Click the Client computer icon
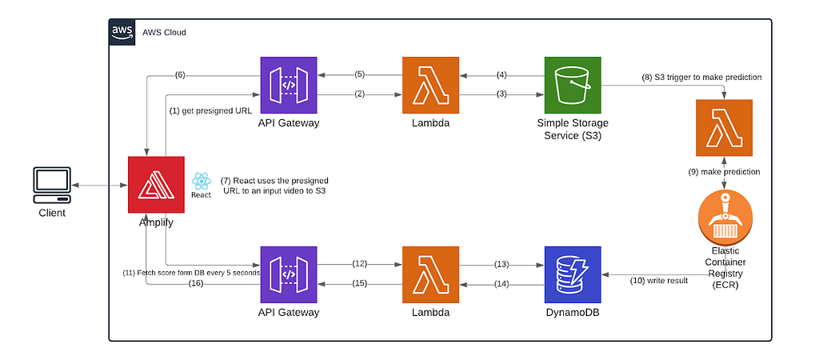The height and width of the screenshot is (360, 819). pyautogui.click(x=52, y=186)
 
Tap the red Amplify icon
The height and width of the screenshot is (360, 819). pyautogui.click(x=156, y=185)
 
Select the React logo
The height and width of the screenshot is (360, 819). pyautogui.click(x=202, y=182)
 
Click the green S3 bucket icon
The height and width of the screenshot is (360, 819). pyautogui.click(x=573, y=85)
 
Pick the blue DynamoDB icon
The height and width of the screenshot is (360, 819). pyautogui.click(x=573, y=275)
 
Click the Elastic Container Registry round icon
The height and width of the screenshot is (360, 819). pyautogui.click(x=725, y=218)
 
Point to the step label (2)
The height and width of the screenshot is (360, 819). pyautogui.click(x=359, y=94)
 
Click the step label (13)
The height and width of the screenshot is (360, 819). pyautogui.click(x=502, y=265)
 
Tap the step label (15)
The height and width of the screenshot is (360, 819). pyautogui.click(x=359, y=284)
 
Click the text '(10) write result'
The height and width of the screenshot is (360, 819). pyautogui.click(x=659, y=281)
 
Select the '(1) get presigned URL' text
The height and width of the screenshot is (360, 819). pyautogui.click(x=211, y=111)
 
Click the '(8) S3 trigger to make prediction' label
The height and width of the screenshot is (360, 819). pyautogui.click(x=701, y=78)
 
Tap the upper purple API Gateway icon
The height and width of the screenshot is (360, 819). pyautogui.click(x=288, y=85)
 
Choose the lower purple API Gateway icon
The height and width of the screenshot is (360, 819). pyautogui.click(x=288, y=275)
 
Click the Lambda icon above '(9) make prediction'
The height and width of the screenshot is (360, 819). pyautogui.click(x=725, y=128)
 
